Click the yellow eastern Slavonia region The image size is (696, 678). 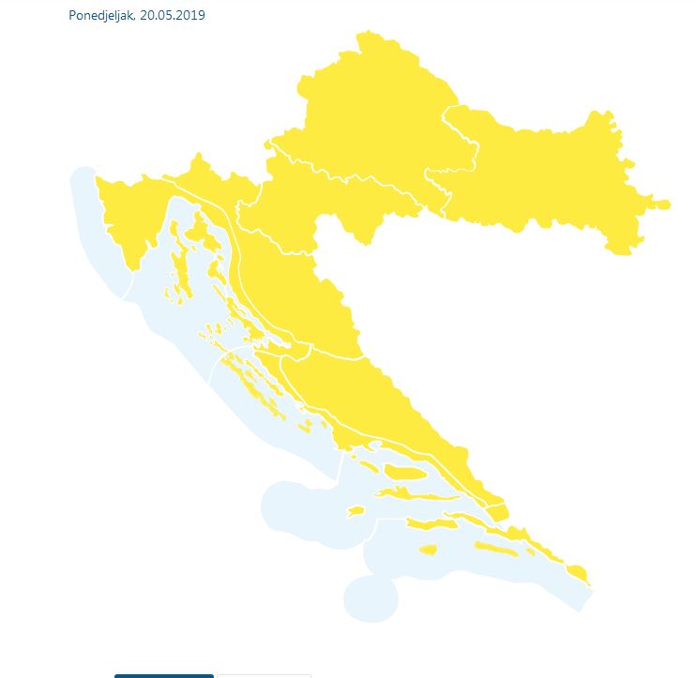(x=553, y=178)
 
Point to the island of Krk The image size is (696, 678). (x=197, y=229)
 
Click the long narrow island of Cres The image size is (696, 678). (x=176, y=258)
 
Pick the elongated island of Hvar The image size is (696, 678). (x=413, y=493)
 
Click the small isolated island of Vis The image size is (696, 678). (x=355, y=512)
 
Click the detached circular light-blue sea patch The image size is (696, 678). (x=370, y=598)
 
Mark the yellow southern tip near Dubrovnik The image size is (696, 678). (x=577, y=573)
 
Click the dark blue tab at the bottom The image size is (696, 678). (x=164, y=675)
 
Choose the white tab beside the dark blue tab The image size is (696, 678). (x=263, y=675)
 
